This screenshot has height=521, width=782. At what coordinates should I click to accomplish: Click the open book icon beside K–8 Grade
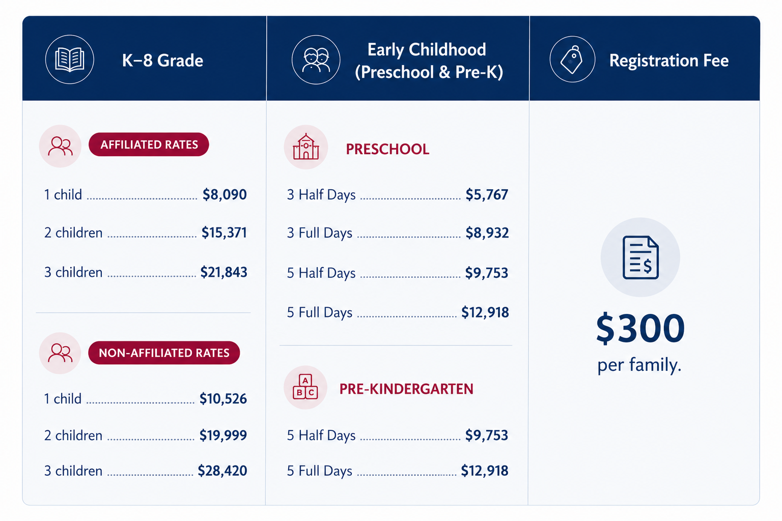[x=69, y=60]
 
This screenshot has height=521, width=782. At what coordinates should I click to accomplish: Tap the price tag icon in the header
[x=572, y=60]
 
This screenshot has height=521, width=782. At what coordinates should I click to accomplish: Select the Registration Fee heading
[x=669, y=61]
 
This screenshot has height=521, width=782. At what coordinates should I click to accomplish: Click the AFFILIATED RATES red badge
[x=149, y=144]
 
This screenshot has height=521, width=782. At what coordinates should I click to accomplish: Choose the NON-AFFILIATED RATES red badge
[x=164, y=353]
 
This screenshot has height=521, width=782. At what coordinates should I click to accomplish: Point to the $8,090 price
[x=225, y=194]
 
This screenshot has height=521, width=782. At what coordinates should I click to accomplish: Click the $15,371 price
[x=224, y=233]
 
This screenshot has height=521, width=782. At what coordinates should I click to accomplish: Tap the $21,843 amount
[x=224, y=272]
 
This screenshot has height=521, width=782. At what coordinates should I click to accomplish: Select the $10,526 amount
[x=223, y=398]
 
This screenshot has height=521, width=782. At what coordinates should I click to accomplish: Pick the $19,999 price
[x=223, y=435]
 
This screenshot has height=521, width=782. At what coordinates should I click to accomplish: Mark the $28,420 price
[x=222, y=471]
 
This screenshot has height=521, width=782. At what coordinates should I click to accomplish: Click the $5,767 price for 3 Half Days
[x=487, y=195]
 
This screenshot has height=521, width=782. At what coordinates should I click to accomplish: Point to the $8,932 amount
[x=487, y=233]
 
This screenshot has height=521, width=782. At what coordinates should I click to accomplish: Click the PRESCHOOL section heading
[x=387, y=150]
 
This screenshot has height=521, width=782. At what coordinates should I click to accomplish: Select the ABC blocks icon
[x=305, y=387]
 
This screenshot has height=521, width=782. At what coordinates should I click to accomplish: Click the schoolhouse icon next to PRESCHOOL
[x=306, y=147]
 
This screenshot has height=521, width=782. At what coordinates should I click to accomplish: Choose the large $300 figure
[x=640, y=328]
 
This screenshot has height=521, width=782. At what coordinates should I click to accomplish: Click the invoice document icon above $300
[x=640, y=257]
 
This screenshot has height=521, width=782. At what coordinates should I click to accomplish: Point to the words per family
[x=639, y=365]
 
